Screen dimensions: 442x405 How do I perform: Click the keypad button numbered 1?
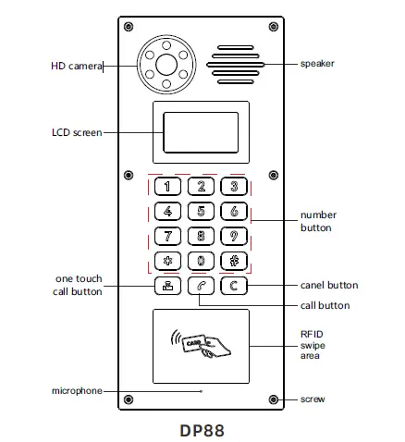167,186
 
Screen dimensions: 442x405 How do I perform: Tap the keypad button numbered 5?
202,211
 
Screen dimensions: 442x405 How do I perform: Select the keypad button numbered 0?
202,260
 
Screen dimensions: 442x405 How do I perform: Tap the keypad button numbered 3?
235,186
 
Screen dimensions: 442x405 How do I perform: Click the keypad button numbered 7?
167,235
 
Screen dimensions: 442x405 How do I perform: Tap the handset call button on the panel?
202,285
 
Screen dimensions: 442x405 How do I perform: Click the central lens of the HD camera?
167,64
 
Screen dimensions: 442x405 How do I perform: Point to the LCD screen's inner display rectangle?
201,132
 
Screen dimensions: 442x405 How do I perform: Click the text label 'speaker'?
316,64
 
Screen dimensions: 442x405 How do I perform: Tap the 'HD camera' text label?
75,65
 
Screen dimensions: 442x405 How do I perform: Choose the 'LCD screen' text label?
77,132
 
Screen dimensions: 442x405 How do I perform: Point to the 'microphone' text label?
76,391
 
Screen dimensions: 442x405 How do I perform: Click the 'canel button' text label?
329,285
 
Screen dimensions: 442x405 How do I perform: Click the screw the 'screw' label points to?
273,399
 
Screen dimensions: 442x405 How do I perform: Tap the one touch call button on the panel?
167,285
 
